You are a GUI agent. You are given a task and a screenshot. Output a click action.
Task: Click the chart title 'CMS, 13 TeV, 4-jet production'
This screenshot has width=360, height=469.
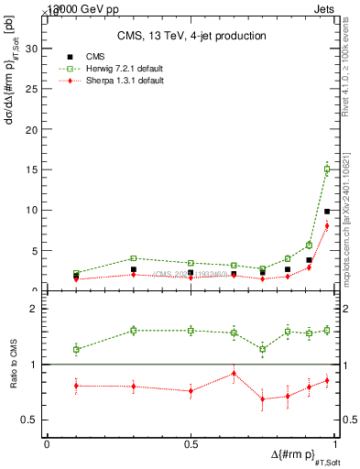[191, 36]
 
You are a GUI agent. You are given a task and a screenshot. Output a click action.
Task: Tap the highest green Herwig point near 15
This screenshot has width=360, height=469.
[327, 169]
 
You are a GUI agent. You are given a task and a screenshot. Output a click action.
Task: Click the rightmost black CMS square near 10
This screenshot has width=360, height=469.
[327, 212]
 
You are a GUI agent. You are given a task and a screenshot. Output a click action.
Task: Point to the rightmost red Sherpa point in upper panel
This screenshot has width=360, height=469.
[327, 225]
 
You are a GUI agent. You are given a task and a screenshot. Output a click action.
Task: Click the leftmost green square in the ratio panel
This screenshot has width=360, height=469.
[76, 349]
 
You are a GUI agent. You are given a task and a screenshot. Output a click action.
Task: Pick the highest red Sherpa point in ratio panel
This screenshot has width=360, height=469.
[235, 373]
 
